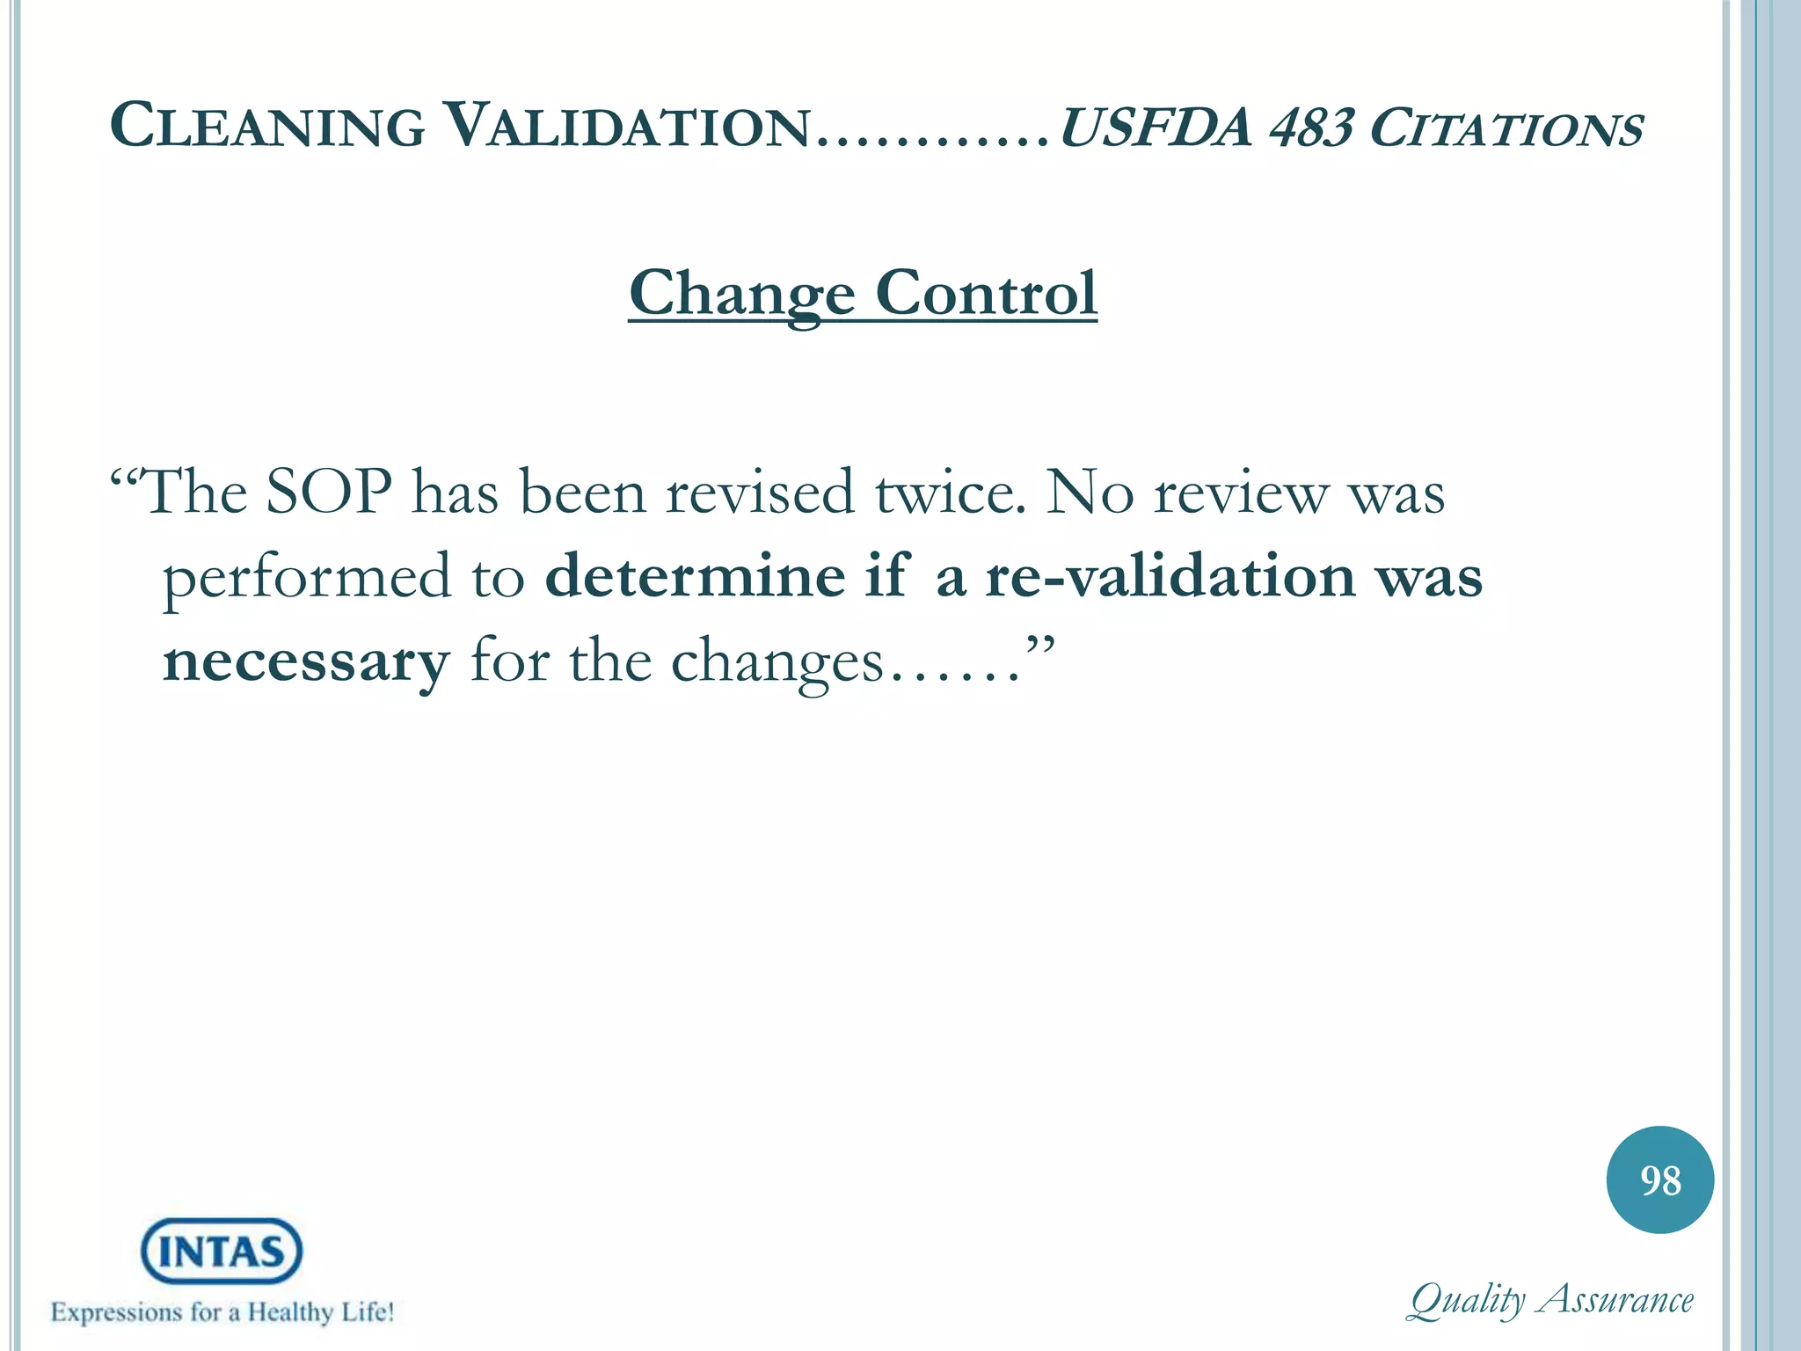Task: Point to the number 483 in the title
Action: [x=1311, y=128]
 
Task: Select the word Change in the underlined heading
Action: [x=741, y=294]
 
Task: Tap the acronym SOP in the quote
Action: [x=329, y=493]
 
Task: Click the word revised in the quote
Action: [x=759, y=493]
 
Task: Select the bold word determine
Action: [x=696, y=577]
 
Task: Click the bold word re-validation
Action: [x=1170, y=577]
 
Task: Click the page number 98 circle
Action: [x=1659, y=1179]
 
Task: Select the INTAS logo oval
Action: [x=222, y=1251]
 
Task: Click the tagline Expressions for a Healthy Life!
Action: [x=222, y=1312]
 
